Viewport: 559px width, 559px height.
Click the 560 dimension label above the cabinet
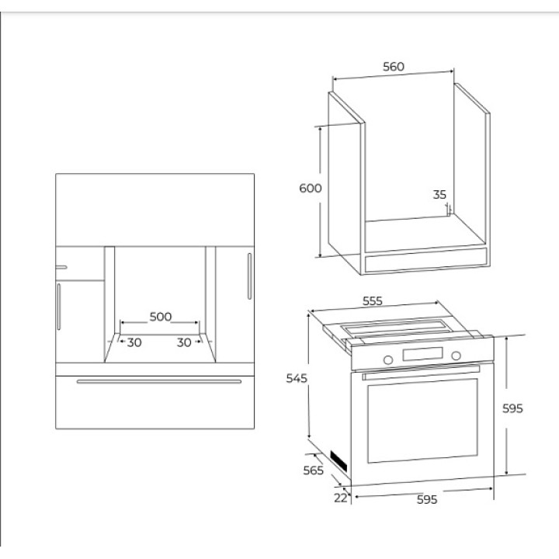tap(394, 67)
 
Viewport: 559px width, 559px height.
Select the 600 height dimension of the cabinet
tap(310, 188)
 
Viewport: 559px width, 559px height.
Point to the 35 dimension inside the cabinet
tap(439, 195)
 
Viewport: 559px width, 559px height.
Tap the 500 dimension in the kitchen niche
tap(161, 317)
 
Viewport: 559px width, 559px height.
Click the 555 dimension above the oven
tap(373, 301)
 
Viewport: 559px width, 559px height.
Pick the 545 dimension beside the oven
tap(297, 378)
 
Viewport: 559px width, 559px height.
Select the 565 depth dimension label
tap(314, 470)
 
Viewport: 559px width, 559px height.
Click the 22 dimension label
tap(341, 498)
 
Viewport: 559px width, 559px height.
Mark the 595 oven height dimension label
tap(512, 408)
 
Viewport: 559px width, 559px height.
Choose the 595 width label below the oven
tap(427, 499)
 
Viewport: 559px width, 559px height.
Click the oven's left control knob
tap(388, 359)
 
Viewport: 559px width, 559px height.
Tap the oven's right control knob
tap(456, 356)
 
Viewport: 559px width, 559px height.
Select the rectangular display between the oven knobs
tap(423, 354)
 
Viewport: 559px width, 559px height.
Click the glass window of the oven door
tap(422, 421)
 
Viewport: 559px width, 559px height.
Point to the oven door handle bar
tap(421, 372)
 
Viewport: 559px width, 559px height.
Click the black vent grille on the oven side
tap(339, 461)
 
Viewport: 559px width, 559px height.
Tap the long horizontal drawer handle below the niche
tap(159, 381)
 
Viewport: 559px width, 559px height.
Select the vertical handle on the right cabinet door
tap(249, 276)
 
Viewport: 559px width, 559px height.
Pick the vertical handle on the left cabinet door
tap(58, 307)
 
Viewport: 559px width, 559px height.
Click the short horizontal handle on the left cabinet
tap(61, 267)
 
